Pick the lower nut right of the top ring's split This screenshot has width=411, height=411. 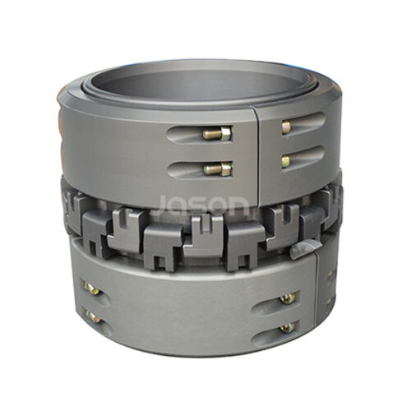285,159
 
